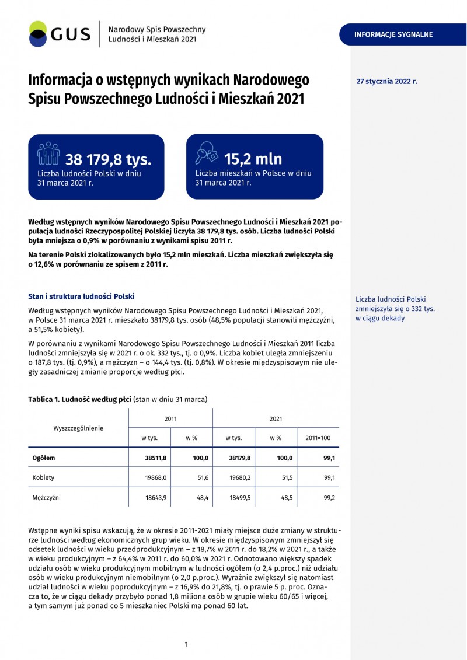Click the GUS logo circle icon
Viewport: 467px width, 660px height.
pyautogui.click(x=37, y=34)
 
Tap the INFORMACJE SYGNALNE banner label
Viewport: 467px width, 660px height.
pyautogui.click(x=393, y=34)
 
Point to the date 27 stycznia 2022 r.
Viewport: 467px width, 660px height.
pyautogui.click(x=386, y=82)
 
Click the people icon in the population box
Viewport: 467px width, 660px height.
pyautogui.click(x=48, y=154)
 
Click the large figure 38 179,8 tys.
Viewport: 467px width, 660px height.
pyautogui.click(x=108, y=159)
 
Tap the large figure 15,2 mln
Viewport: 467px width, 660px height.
pyautogui.click(x=253, y=159)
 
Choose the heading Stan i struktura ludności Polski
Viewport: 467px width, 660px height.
pyautogui.click(x=81, y=296)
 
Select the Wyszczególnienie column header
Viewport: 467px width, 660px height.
pyautogui.click(x=78, y=428)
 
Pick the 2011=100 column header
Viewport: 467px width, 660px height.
pyautogui.click(x=318, y=438)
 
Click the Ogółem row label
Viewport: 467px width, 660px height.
pyautogui.click(x=44, y=458)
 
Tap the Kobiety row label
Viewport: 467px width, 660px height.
pyautogui.click(x=43, y=477)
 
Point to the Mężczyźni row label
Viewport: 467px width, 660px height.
pyautogui.click(x=46, y=498)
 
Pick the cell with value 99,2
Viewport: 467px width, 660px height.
pyautogui.click(x=329, y=498)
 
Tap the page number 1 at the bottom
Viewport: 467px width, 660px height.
pyautogui.click(x=186, y=644)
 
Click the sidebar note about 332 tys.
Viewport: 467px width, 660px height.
pyautogui.click(x=395, y=309)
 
